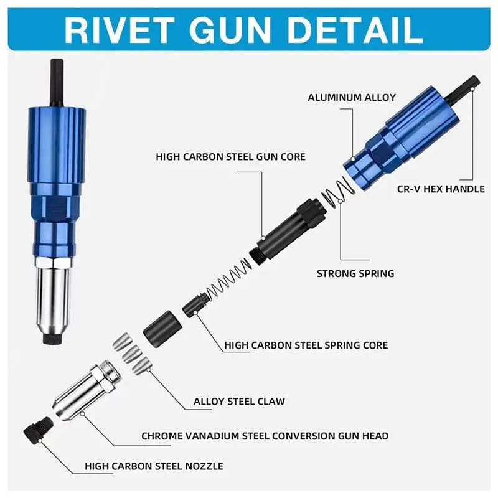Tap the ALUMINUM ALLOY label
tap(352, 98)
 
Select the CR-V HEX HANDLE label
tap(441, 189)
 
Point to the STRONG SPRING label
tap(355, 273)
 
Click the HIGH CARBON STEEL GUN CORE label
tap(230, 157)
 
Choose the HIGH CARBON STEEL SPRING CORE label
tap(306, 345)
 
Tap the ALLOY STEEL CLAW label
tap(239, 402)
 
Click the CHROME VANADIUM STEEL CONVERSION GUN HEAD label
tap(265, 436)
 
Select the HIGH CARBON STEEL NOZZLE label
tap(154, 466)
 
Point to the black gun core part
tap(288, 231)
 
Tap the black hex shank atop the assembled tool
tap(58, 83)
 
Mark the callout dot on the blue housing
tap(353, 159)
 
